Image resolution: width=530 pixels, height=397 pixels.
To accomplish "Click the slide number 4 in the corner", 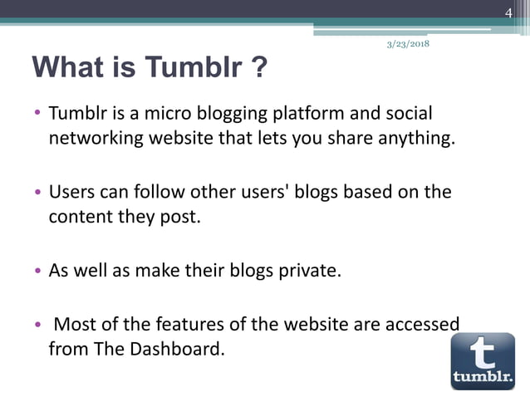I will click(509, 11).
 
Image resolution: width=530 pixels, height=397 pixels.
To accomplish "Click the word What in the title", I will click(69, 67).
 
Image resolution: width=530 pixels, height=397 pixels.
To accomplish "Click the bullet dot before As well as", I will click(37, 272).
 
